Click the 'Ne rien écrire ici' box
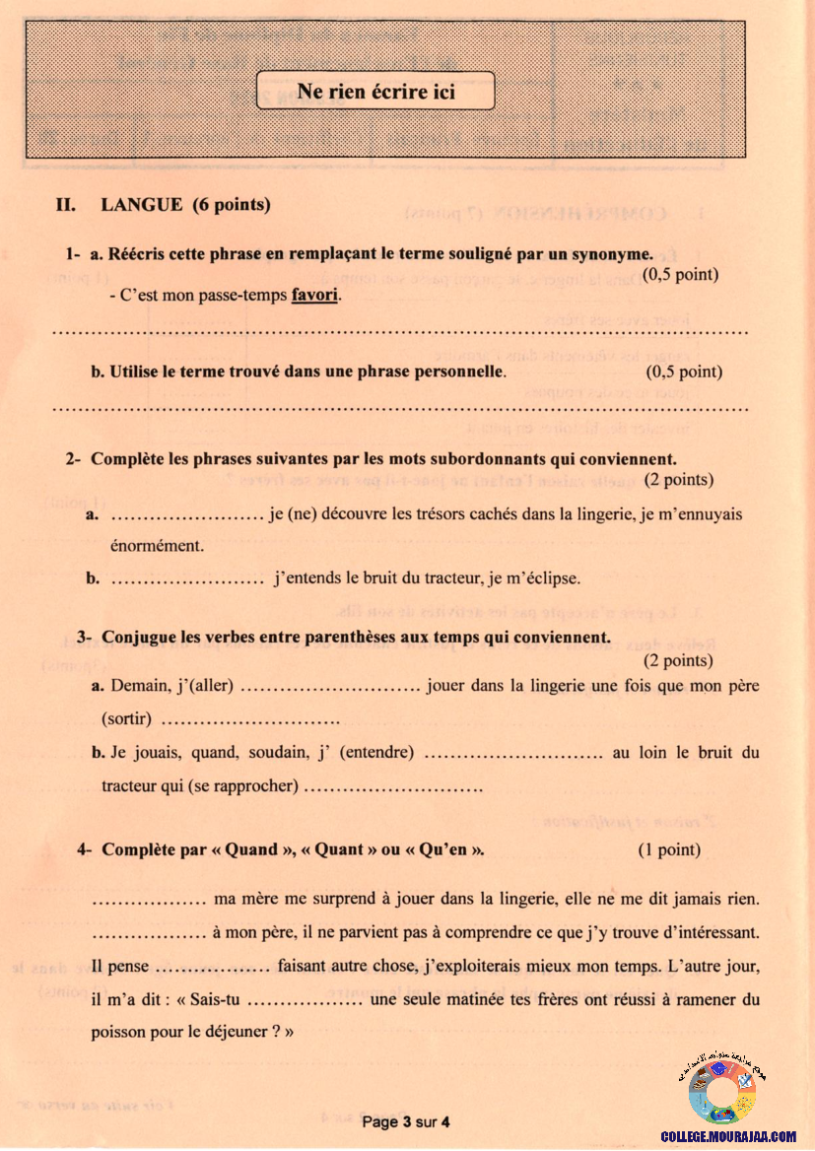[x=375, y=92]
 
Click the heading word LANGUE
[x=141, y=205]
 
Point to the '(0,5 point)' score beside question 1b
[x=684, y=372]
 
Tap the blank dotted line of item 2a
[x=185, y=514]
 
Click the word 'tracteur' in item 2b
[x=480, y=577]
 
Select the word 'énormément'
[x=152, y=545]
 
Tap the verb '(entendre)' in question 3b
[x=377, y=753]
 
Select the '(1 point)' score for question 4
[x=669, y=849]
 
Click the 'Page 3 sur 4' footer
[x=406, y=1121]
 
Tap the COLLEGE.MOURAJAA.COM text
[x=728, y=1136]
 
